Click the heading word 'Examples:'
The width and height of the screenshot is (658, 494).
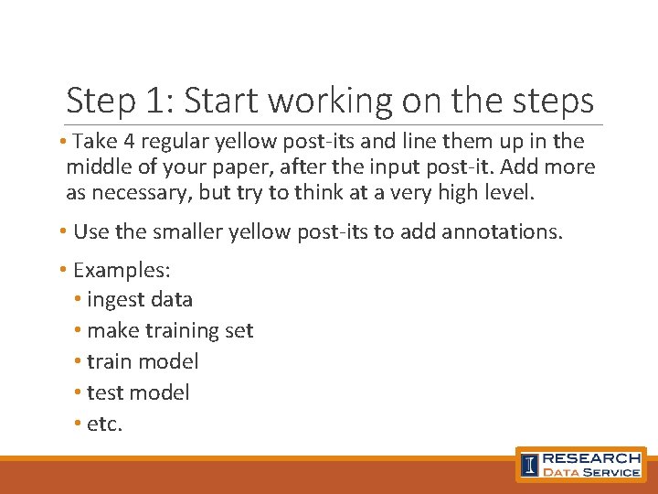122,270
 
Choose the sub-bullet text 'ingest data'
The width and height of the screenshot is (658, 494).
140,300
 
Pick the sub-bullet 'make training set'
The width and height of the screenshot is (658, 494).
170,330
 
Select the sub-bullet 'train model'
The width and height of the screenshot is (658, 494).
143,361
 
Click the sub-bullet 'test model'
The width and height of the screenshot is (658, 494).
138,392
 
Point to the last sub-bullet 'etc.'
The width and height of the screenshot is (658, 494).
104,424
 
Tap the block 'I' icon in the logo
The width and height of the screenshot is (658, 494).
529,465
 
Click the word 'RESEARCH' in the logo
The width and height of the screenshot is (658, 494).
591,457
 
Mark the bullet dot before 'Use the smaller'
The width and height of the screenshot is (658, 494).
64,231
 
